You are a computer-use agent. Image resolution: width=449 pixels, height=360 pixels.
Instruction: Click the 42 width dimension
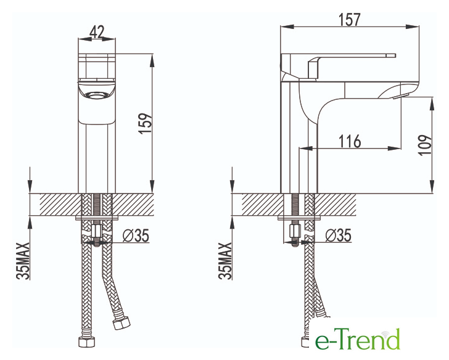point(97,32)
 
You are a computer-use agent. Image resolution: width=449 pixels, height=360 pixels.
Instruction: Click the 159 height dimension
point(145,123)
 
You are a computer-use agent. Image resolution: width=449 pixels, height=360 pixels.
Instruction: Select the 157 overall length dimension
point(349,20)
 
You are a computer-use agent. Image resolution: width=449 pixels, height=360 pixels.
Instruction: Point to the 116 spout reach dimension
point(350,141)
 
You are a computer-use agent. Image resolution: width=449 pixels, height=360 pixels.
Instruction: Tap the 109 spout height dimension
point(425,145)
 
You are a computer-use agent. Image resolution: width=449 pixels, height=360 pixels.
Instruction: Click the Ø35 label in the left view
point(136,235)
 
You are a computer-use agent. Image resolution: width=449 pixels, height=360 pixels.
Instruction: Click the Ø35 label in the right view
point(338,235)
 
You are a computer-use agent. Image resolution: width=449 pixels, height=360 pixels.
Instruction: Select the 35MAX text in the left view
point(23,260)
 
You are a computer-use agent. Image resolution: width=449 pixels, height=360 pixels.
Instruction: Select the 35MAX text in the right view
point(225,260)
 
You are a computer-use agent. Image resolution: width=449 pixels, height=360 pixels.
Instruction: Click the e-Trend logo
point(357,339)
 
